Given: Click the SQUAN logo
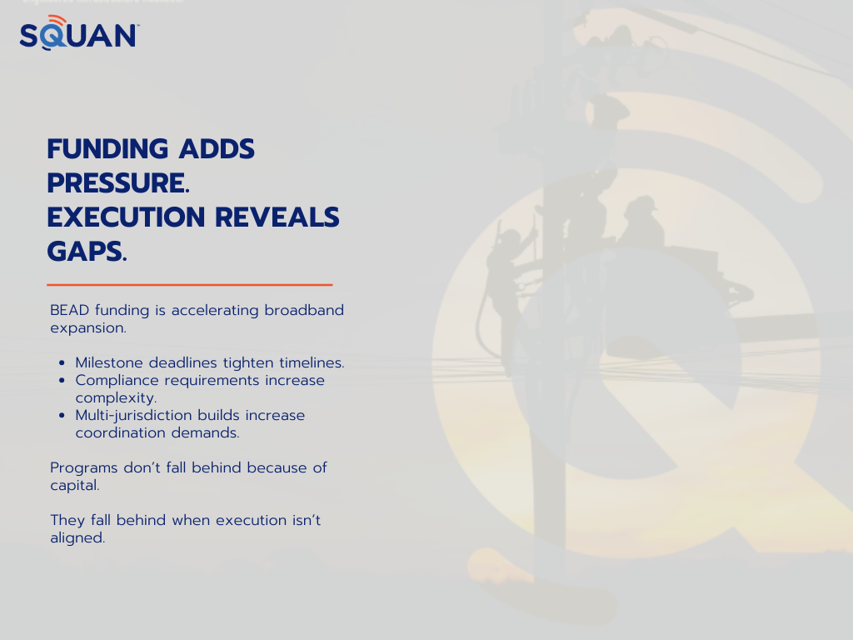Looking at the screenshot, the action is (79, 32).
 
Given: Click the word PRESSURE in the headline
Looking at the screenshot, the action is (118, 182).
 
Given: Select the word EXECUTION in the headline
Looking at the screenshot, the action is (127, 217).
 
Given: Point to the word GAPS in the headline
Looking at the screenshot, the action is (87, 252).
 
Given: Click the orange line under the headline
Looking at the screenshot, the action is (190, 285).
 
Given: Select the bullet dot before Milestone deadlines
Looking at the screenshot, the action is (62, 363).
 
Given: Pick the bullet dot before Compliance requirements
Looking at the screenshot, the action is (62, 380).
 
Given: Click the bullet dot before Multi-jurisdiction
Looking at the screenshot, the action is (62, 415).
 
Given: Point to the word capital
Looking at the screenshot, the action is (75, 486).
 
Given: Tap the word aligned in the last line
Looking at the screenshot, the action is (77, 537).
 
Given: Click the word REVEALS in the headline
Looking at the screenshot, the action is (277, 217).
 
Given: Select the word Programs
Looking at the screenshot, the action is (84, 468).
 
